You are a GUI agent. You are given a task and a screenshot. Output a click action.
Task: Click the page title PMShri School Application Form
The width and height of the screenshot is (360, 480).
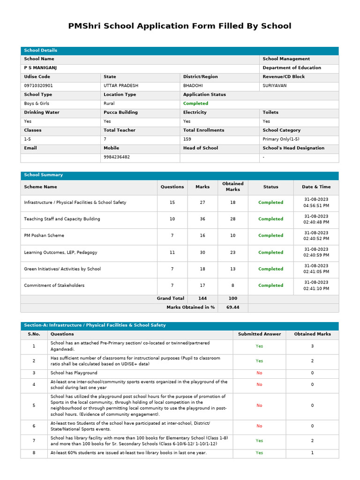[180, 26]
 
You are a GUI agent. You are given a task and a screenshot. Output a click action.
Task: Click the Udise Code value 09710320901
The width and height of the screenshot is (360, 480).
[38, 86]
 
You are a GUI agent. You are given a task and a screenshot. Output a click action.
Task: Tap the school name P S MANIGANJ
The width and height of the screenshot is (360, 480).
[40, 68]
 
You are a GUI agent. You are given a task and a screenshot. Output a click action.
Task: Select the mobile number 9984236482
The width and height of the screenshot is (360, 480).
[117, 157]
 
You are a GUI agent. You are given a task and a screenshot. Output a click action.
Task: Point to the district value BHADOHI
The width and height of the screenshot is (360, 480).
[193, 86]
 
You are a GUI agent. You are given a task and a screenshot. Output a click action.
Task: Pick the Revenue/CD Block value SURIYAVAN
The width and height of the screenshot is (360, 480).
[275, 86]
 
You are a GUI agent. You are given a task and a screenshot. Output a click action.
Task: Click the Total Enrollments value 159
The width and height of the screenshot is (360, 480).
[187, 139]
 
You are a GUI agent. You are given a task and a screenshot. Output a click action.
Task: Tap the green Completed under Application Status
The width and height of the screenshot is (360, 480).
[195, 104]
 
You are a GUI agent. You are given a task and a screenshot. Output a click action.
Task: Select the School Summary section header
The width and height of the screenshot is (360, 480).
[43, 175]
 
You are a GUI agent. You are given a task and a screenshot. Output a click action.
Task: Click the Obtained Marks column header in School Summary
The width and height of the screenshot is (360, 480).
[232, 187]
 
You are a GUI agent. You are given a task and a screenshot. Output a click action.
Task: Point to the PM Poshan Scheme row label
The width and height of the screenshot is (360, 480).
[44, 236]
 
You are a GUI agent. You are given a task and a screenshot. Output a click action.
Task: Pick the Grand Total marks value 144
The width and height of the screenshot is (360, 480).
[202, 299]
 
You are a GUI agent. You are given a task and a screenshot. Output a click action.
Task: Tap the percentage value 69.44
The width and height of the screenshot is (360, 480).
[232, 307]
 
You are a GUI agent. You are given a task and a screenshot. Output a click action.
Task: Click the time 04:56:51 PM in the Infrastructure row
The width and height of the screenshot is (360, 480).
[316, 205]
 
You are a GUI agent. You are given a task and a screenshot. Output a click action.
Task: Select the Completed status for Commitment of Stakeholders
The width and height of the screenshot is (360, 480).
[270, 285]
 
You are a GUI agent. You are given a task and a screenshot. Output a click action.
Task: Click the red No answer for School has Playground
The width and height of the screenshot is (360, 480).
[259, 373]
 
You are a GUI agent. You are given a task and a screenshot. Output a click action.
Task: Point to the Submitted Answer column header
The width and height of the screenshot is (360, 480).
[259, 334]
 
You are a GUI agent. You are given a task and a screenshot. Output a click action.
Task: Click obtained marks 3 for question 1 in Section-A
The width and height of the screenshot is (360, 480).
[312, 346]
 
